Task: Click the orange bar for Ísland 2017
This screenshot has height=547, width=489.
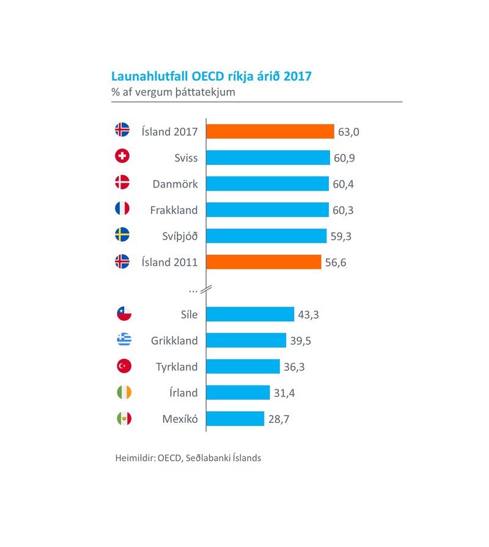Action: pos(270,131)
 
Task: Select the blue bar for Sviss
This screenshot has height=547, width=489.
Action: pos(268,158)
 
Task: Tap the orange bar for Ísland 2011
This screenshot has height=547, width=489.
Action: pos(263,262)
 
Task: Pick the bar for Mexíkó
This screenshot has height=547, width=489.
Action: pos(235,419)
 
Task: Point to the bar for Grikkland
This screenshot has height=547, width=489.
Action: pos(246,340)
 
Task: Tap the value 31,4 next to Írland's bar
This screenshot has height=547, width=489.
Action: pos(285,392)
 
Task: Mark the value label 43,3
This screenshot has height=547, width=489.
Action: pos(309,314)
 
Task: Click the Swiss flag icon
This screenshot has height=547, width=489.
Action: pos(122,157)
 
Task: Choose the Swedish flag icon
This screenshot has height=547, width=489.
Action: pos(122,235)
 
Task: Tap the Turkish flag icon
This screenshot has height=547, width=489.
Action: pos(123,367)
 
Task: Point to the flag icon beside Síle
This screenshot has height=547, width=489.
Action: pos(123,314)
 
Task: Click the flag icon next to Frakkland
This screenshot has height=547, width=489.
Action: pos(122,209)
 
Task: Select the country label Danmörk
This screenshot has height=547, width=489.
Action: pos(175,183)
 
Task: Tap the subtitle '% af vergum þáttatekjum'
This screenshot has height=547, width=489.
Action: pos(173,92)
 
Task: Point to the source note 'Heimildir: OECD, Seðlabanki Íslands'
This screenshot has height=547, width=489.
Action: pos(188,458)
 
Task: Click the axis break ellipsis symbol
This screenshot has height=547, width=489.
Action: pos(193,288)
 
